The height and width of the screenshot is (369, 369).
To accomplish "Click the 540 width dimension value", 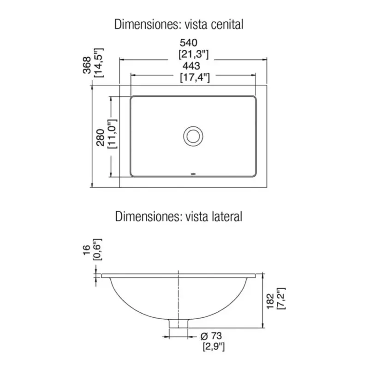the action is pyautogui.click(x=189, y=43).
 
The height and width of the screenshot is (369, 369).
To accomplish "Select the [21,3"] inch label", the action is pyautogui.click(x=193, y=54).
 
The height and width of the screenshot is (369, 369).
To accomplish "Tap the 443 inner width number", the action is pyautogui.click(x=191, y=66).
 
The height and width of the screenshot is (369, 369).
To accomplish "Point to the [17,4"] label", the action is pyautogui.click(x=195, y=77).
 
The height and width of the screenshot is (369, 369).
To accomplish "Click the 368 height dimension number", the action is pyautogui.click(x=87, y=65).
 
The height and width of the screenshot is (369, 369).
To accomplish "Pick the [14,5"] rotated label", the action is pyautogui.click(x=99, y=63).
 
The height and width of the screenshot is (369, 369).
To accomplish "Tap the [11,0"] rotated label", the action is pyautogui.click(x=112, y=134).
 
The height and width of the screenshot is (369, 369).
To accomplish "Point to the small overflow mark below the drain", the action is pyautogui.click(x=193, y=174).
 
